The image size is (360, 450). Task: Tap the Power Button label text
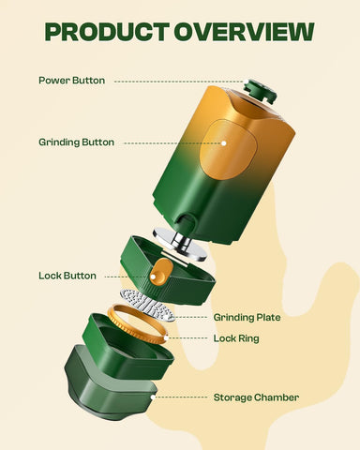(71, 80)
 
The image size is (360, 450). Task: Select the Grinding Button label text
(76, 142)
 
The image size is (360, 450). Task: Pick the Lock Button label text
(67, 276)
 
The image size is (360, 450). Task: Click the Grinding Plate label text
(247, 317)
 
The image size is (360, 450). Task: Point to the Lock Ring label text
(236, 337)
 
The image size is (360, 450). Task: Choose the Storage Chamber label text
(256, 397)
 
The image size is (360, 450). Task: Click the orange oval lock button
(161, 274)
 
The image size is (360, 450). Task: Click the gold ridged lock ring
(141, 323)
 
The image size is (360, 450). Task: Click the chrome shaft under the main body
(182, 240)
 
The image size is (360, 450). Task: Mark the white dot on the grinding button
(223, 143)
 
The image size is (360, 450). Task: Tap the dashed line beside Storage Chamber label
(180, 397)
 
